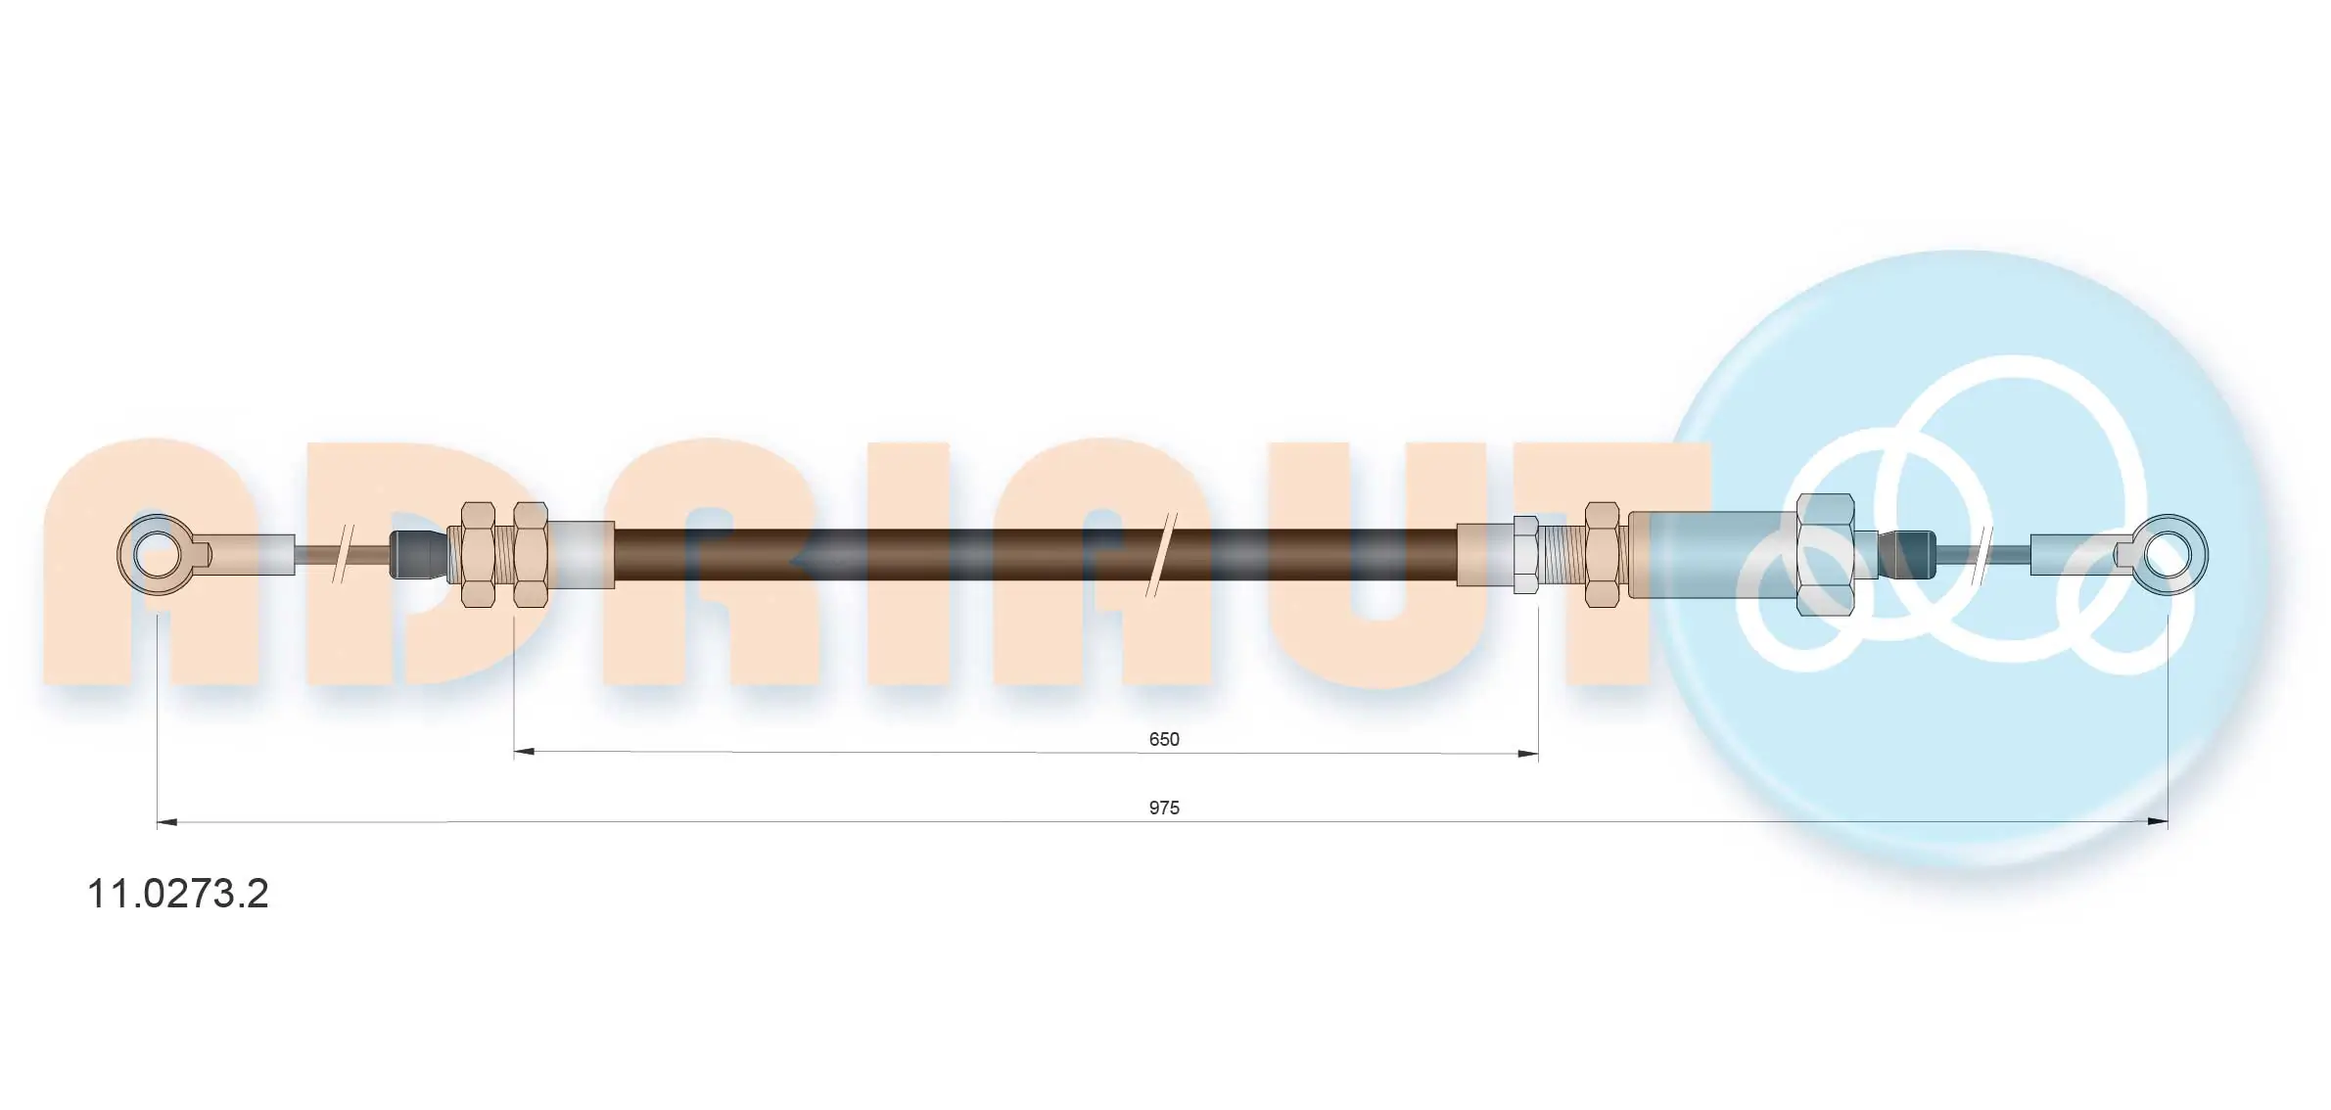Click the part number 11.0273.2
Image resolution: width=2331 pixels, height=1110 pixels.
click(178, 894)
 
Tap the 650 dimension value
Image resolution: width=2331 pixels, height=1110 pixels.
click(1164, 739)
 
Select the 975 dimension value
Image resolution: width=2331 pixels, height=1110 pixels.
click(1164, 808)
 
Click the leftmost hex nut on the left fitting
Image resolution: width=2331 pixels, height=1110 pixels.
click(479, 555)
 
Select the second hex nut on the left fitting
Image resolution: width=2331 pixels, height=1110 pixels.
click(531, 555)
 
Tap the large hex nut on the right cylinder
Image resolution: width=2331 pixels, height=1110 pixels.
click(1826, 555)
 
